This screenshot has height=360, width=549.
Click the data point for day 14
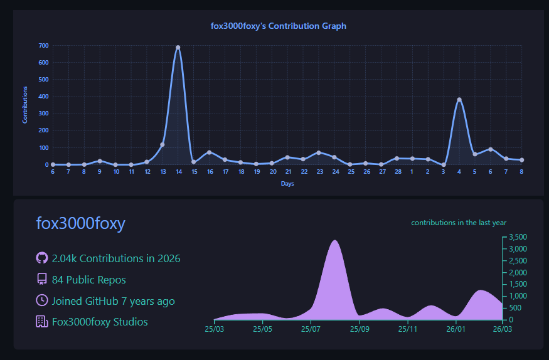[x=178, y=48]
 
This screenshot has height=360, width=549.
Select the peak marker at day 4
[x=459, y=100]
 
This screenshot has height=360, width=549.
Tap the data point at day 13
[x=162, y=144]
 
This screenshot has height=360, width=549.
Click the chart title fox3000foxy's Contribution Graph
[x=279, y=26]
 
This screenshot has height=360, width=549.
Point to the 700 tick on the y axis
[x=44, y=46]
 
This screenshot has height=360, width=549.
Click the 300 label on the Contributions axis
[x=44, y=114]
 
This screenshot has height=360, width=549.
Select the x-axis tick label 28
[x=398, y=172]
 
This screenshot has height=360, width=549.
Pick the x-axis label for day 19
[x=257, y=172]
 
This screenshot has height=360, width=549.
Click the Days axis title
[x=287, y=184]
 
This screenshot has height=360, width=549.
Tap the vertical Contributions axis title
[x=25, y=105]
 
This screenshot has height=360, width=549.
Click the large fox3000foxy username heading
[x=80, y=223]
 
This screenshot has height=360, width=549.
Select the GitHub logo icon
[x=42, y=258]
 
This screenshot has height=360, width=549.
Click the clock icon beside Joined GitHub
[x=42, y=300]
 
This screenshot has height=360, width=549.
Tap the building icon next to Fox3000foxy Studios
[x=42, y=321]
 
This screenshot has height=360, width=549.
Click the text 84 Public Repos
[x=89, y=280]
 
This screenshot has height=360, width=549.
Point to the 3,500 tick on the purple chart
[x=518, y=237]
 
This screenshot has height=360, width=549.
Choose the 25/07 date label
[x=311, y=329]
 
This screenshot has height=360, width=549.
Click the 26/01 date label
[x=456, y=329]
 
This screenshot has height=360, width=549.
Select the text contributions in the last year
[x=459, y=223]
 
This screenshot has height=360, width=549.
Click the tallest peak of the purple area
[x=335, y=240]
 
